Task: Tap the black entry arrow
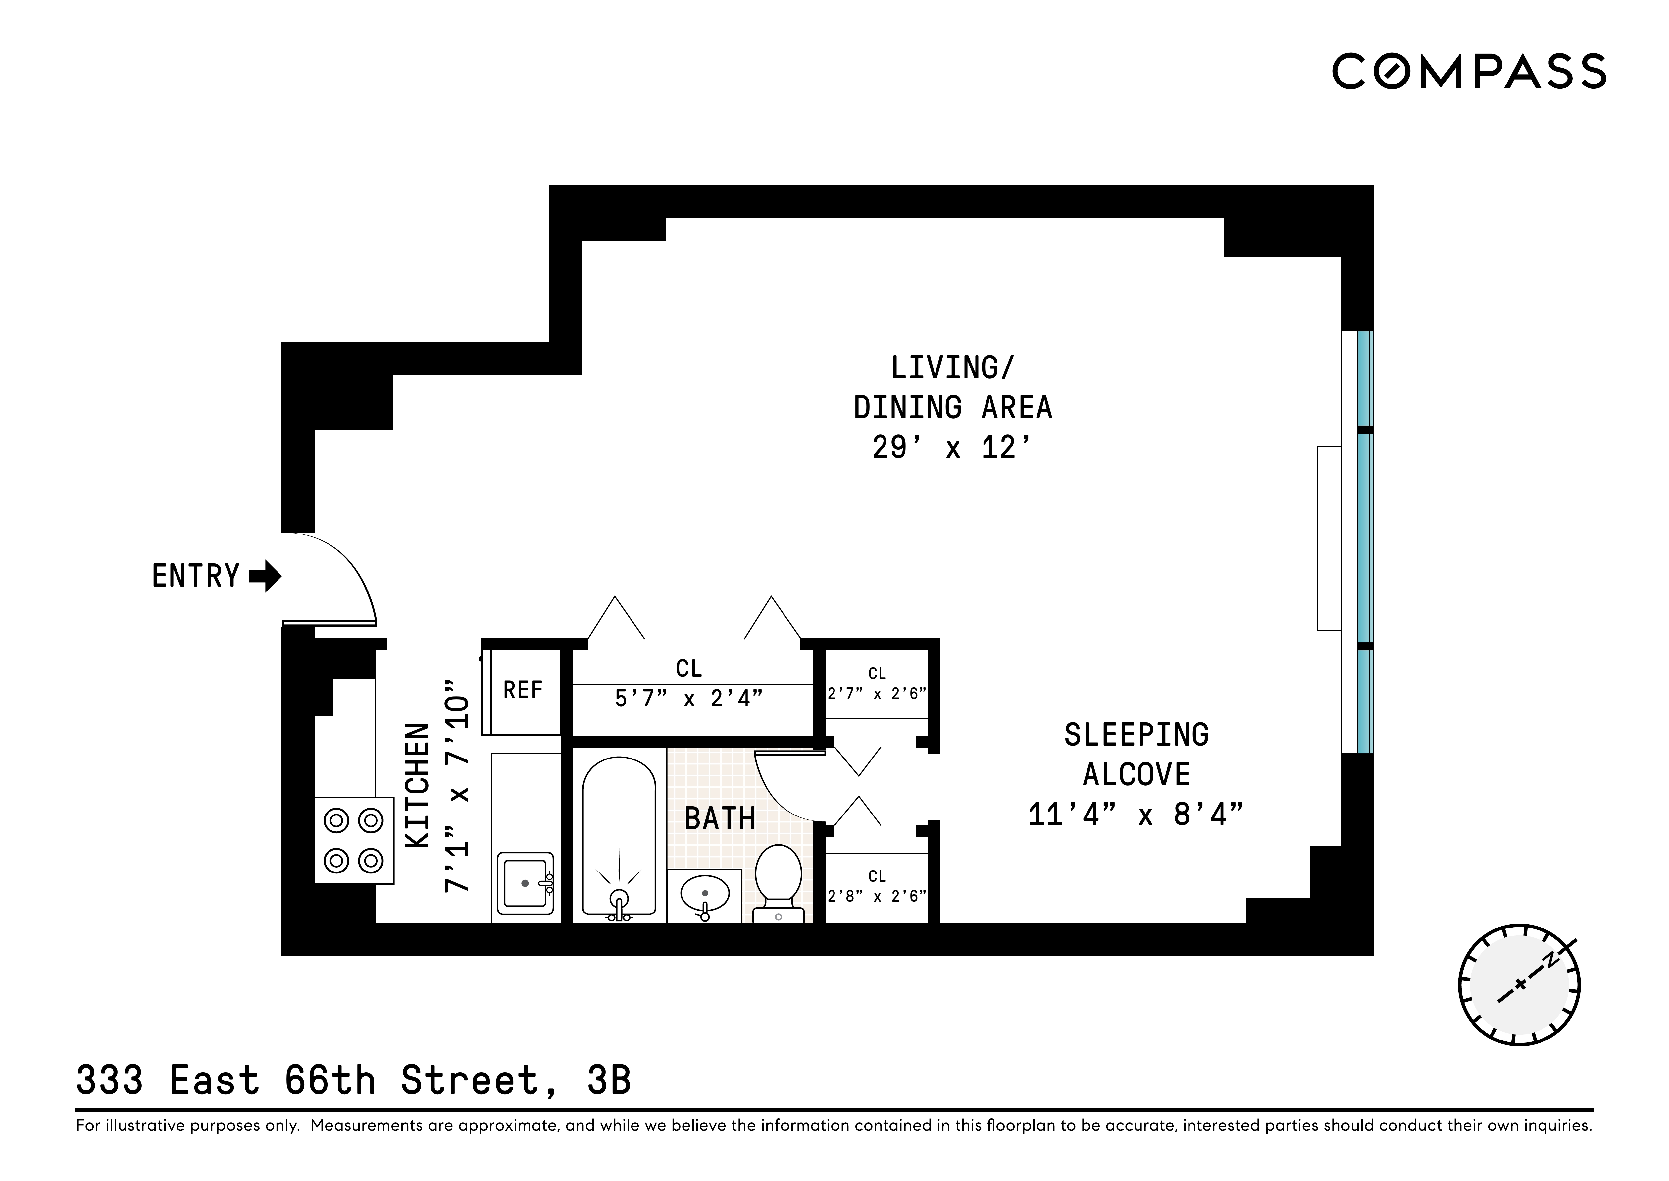point(265,576)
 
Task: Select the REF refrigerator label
point(523,689)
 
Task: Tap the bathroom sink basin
point(704,893)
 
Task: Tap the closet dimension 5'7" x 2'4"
point(688,699)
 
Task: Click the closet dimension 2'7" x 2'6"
point(877,694)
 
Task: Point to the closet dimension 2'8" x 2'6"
point(877,897)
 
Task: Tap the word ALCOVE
point(1136,774)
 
